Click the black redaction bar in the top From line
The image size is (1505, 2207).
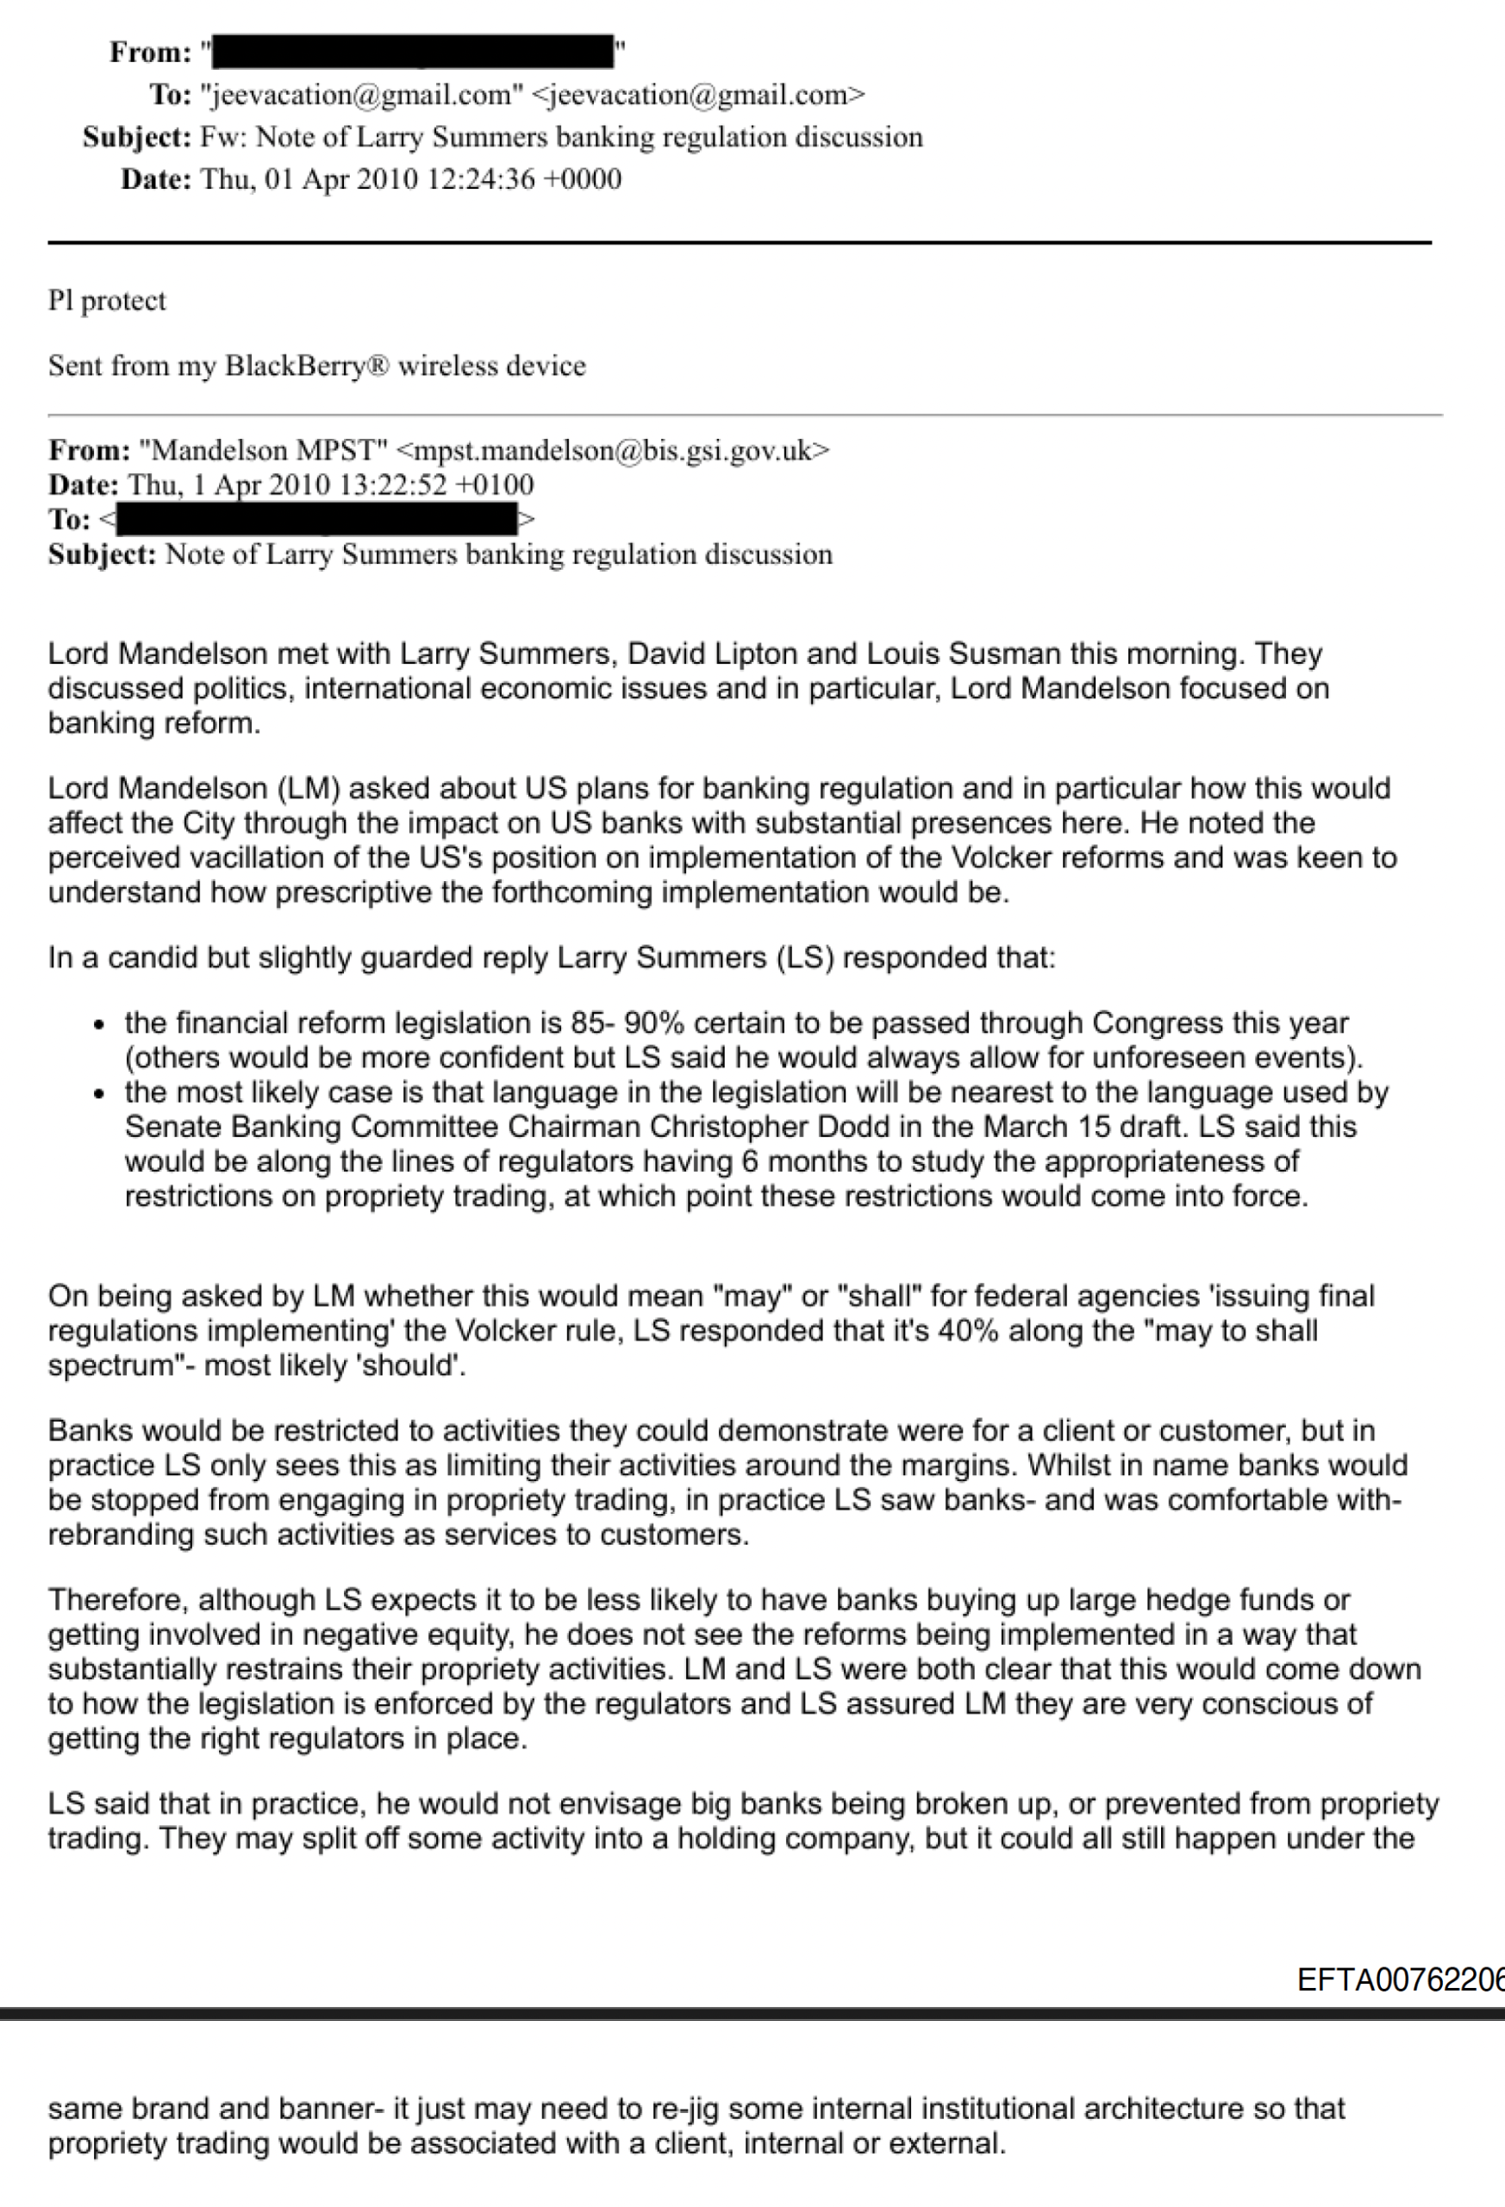coord(413,51)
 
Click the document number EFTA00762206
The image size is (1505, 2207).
coord(1401,1980)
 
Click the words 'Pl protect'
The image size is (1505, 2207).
coord(107,301)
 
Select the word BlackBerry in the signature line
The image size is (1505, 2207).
coord(297,366)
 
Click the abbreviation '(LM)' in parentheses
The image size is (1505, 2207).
coord(309,789)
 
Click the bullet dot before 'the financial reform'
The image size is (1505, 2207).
coord(99,1026)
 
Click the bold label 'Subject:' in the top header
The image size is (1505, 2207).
coord(137,138)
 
